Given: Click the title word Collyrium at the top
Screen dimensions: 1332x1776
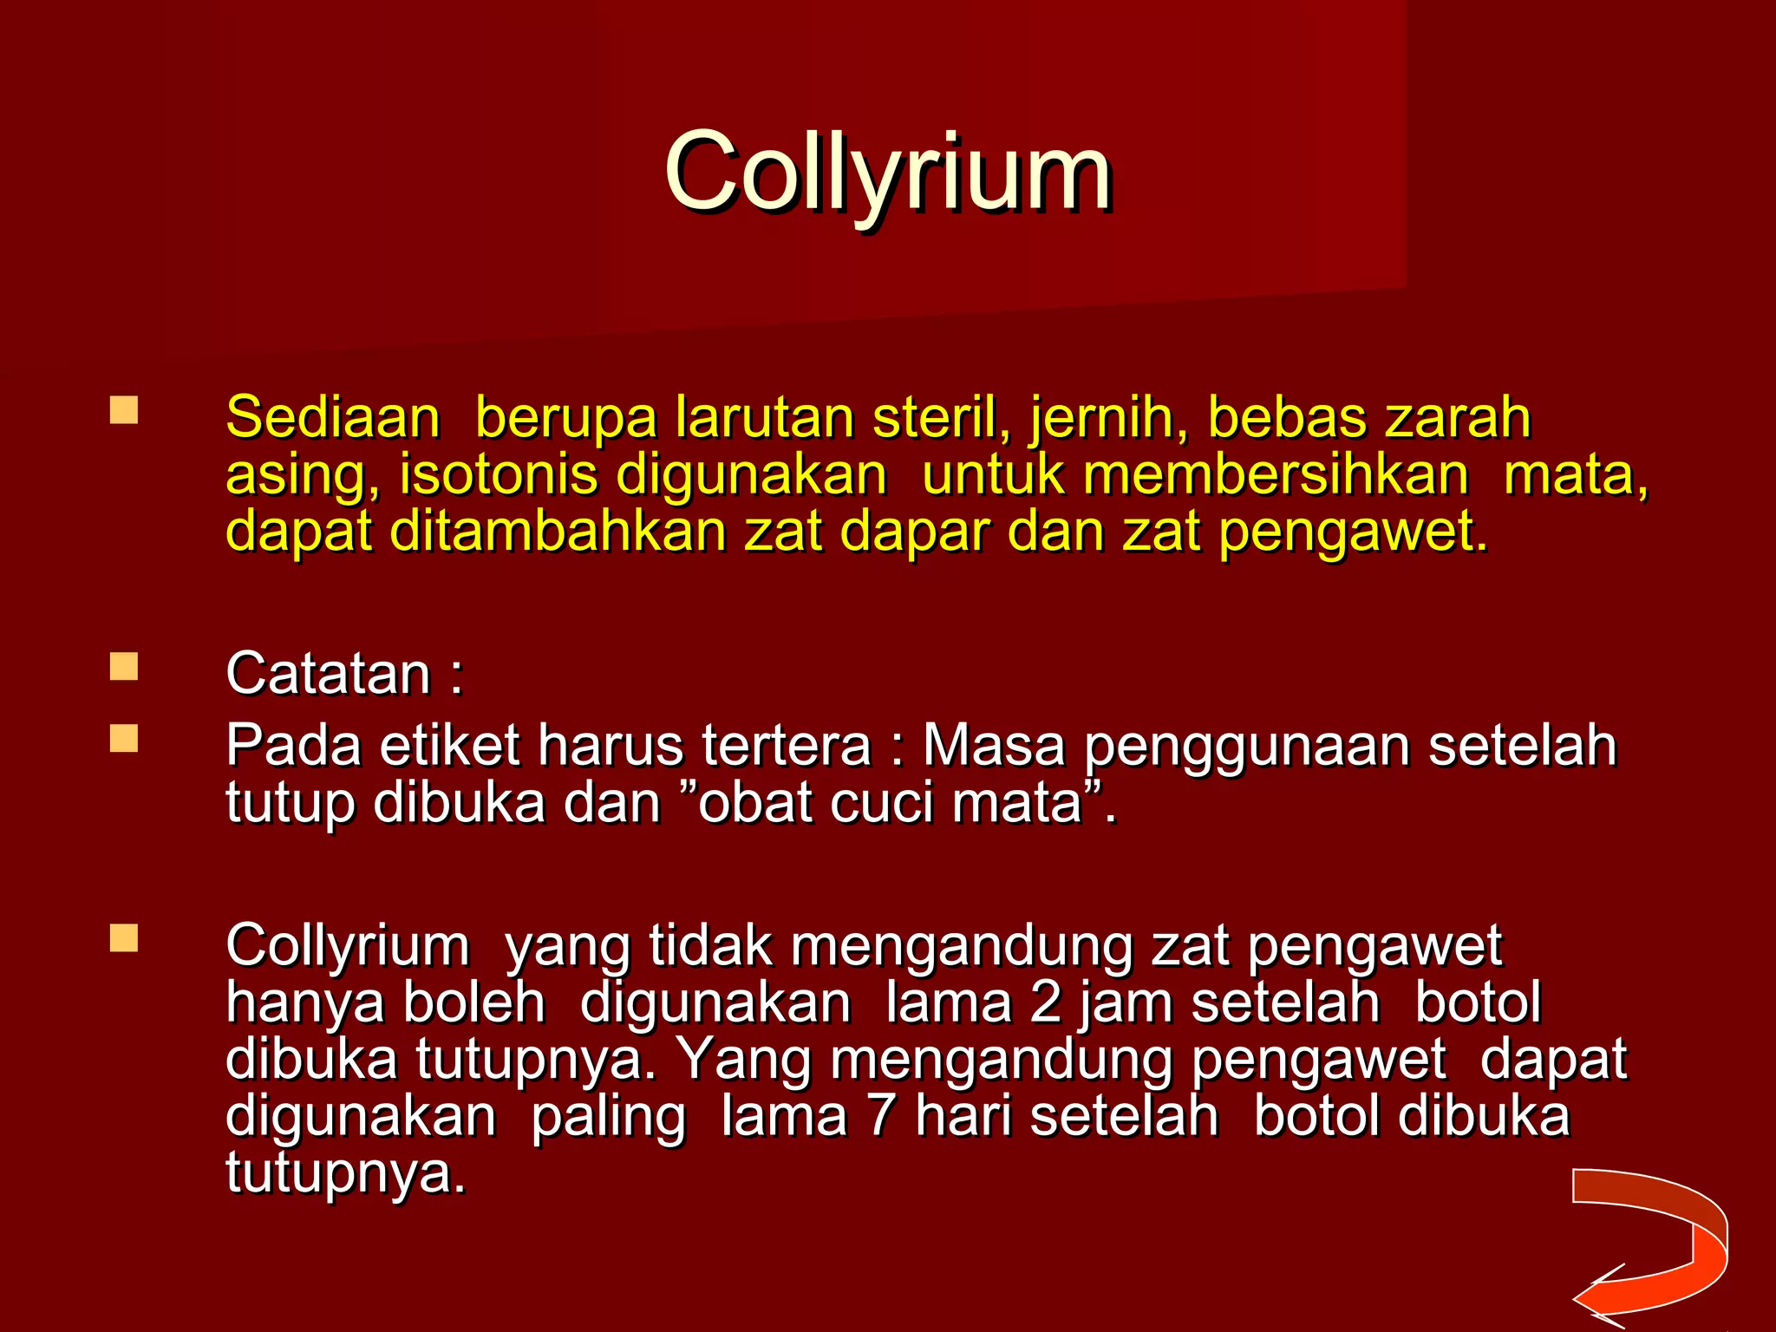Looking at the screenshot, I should pyautogui.click(x=887, y=172).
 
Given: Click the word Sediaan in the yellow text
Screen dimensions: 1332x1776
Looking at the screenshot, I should pyautogui.click(x=333, y=417).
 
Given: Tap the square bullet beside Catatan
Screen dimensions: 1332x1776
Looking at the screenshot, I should pyautogui.click(x=124, y=667).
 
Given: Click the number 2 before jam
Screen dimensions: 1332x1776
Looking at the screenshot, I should pyautogui.click(x=1047, y=1002).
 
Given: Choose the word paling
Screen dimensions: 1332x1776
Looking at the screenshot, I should pyautogui.click(x=608, y=1119).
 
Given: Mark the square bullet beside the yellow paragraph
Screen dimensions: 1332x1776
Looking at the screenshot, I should pyautogui.click(x=124, y=410).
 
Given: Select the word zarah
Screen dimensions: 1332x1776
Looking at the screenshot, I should pyautogui.click(x=1457, y=417).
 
